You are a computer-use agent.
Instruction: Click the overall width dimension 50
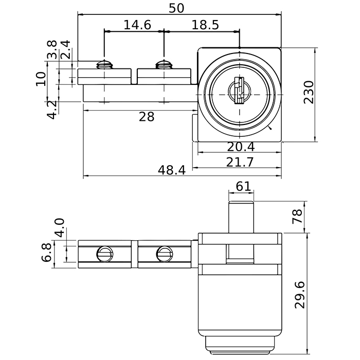[176, 8]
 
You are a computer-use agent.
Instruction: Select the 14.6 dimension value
[137, 25]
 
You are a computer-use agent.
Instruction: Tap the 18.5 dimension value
[205, 25]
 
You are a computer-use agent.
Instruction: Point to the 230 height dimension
[309, 92]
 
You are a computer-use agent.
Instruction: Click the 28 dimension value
[147, 117]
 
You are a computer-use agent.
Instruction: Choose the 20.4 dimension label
[241, 147]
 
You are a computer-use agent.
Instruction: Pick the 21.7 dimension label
[240, 162]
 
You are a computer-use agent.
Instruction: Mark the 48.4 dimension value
[171, 170]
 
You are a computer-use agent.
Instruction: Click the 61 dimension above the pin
[243, 186]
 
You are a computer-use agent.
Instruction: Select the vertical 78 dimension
[297, 216]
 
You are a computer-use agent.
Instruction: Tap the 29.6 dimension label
[300, 295]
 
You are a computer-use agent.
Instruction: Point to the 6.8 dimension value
[47, 253]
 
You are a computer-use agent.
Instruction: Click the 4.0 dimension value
[60, 228]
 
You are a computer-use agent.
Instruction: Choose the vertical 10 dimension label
[41, 79]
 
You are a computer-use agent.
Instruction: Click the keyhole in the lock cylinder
[240, 91]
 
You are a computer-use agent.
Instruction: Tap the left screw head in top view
[104, 64]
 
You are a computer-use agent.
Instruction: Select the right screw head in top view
[164, 64]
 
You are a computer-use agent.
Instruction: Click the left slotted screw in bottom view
[104, 254]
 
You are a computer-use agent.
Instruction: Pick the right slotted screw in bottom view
[165, 254]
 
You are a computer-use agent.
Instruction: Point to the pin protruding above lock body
[241, 217]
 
